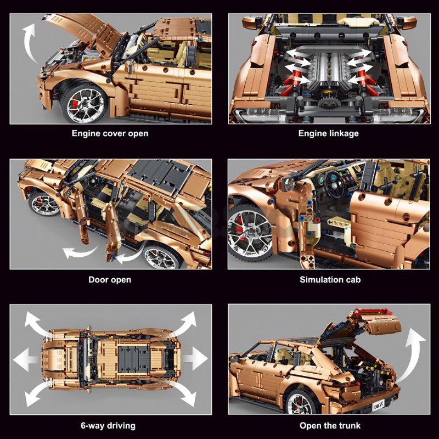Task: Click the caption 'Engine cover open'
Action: pyautogui.click(x=110, y=133)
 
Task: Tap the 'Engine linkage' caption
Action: pyautogui.click(x=328, y=133)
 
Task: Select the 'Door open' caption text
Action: pyautogui.click(x=110, y=279)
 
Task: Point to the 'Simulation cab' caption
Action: pyautogui.click(x=330, y=279)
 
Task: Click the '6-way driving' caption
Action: pyautogui.click(x=108, y=426)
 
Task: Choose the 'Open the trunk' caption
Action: pyautogui.click(x=330, y=426)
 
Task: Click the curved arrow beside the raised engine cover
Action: pyautogui.click(x=30, y=42)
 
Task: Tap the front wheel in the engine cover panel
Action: pyautogui.click(x=84, y=103)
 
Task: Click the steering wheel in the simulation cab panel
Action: pyautogui.click(x=335, y=183)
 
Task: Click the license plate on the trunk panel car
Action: pyautogui.click(x=379, y=404)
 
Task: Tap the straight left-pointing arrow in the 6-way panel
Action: pyautogui.click(x=26, y=359)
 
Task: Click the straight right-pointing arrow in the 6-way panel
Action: pyautogui.click(x=195, y=358)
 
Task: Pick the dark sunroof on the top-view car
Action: pyautogui.click(x=132, y=359)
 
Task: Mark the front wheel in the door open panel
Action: pyautogui.click(x=45, y=203)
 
